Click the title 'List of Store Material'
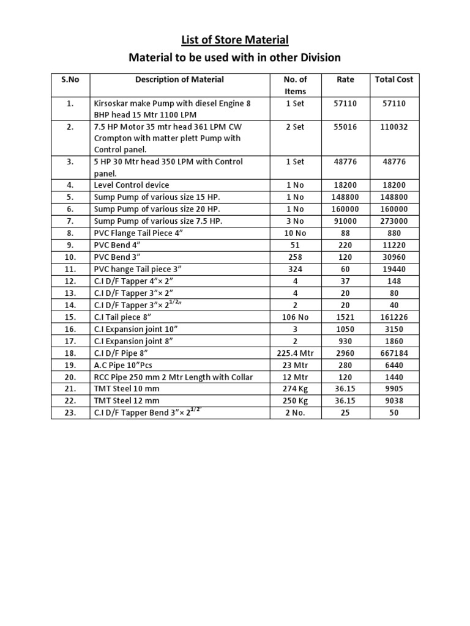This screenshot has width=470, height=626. click(234, 40)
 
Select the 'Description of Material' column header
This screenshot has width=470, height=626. click(179, 79)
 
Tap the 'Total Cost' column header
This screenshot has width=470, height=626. click(394, 79)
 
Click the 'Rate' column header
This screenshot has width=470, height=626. click(345, 79)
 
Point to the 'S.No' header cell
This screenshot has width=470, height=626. click(70, 79)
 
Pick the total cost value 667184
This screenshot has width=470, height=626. click(394, 353)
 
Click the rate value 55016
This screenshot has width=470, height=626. click(345, 127)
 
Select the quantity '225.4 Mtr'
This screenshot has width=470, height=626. click(295, 353)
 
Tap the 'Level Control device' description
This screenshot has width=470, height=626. click(131, 185)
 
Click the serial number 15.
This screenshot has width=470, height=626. click(70, 317)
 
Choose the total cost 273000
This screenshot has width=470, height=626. click(394, 221)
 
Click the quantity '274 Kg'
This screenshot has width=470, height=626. click(295, 389)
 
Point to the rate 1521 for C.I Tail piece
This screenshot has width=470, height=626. click(345, 317)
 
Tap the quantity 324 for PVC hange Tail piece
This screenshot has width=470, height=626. click(295, 269)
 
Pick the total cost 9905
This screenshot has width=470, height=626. click(394, 389)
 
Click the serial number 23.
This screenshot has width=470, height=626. click(70, 413)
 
